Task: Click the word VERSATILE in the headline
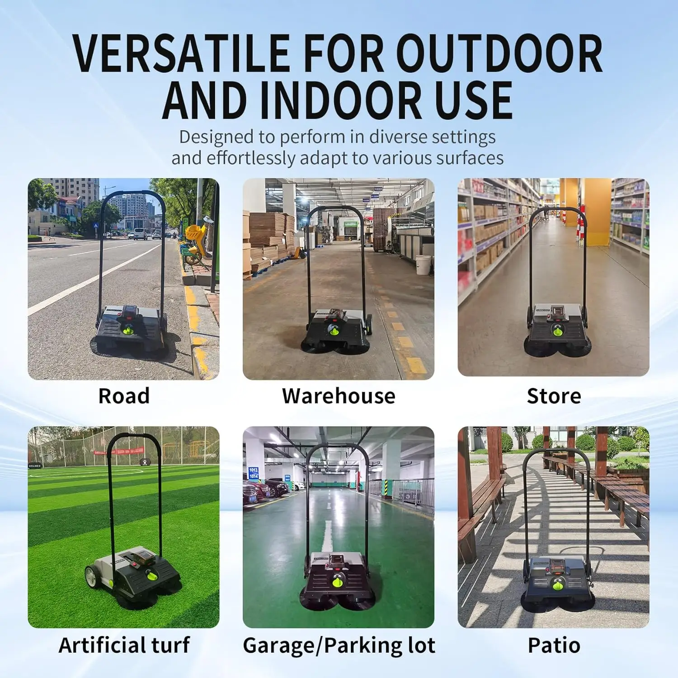[181, 53]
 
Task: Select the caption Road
[124, 396]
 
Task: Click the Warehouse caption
[339, 396]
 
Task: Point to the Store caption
[554, 396]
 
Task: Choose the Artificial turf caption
[124, 645]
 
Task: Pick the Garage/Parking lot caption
[339, 645]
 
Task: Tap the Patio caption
[554, 645]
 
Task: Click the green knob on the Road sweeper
[129, 330]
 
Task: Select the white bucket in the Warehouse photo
[423, 265]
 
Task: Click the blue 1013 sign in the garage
[253, 470]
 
